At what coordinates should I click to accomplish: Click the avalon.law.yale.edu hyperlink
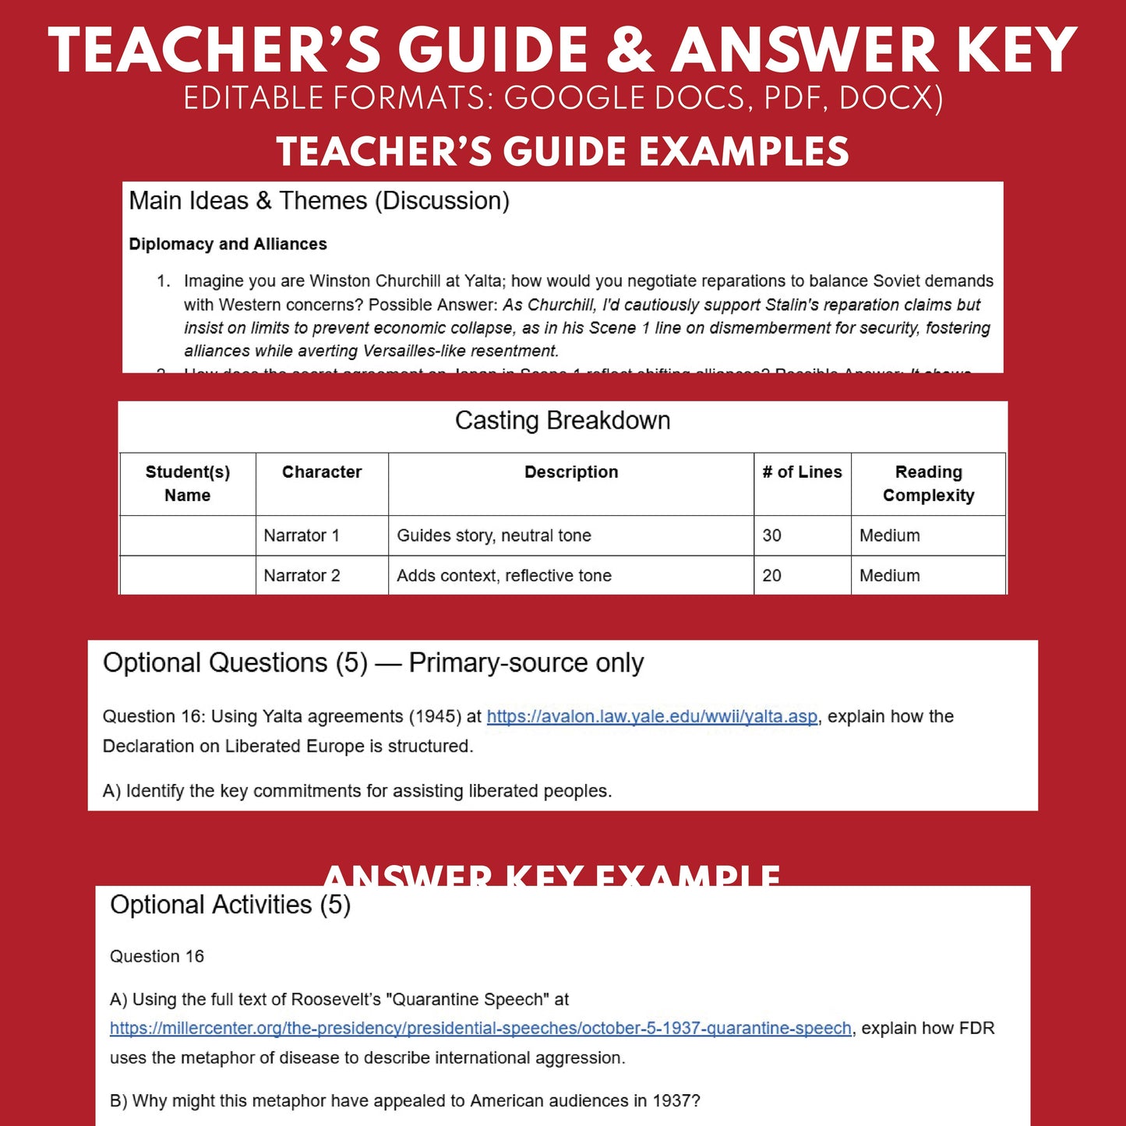[x=652, y=717]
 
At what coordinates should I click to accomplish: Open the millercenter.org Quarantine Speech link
[x=480, y=1029]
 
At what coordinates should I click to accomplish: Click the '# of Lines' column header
[x=802, y=472]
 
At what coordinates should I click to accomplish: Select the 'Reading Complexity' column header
[x=928, y=484]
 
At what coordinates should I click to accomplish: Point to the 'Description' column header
[x=571, y=472]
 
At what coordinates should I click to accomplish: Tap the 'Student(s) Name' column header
[x=188, y=484]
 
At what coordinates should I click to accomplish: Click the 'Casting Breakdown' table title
[x=563, y=421]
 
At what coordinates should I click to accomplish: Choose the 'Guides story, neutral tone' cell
[x=494, y=535]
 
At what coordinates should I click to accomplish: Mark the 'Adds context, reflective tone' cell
[x=504, y=576]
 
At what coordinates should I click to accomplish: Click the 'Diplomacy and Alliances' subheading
[x=228, y=244]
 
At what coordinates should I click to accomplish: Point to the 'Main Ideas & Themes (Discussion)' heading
[x=319, y=201]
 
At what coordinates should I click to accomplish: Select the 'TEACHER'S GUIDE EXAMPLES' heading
[x=563, y=151]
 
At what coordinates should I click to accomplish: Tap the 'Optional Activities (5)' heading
[x=230, y=905]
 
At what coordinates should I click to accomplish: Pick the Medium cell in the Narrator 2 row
[x=889, y=576]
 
